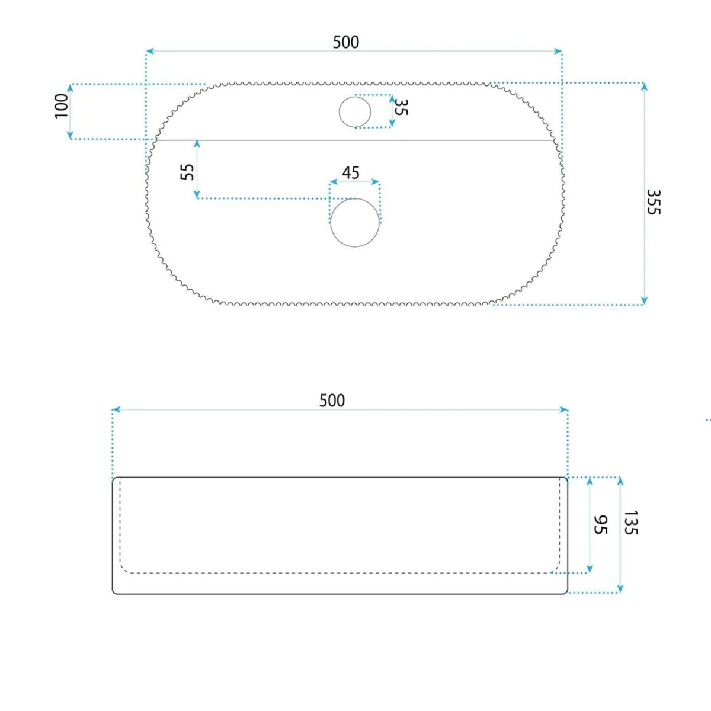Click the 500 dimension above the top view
pyautogui.click(x=345, y=42)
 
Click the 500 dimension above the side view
pyautogui.click(x=332, y=401)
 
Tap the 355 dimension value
pyautogui.click(x=654, y=202)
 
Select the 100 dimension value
pyautogui.click(x=62, y=106)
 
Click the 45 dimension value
pyautogui.click(x=351, y=172)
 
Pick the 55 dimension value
pyautogui.click(x=187, y=172)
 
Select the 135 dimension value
pyautogui.click(x=631, y=523)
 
